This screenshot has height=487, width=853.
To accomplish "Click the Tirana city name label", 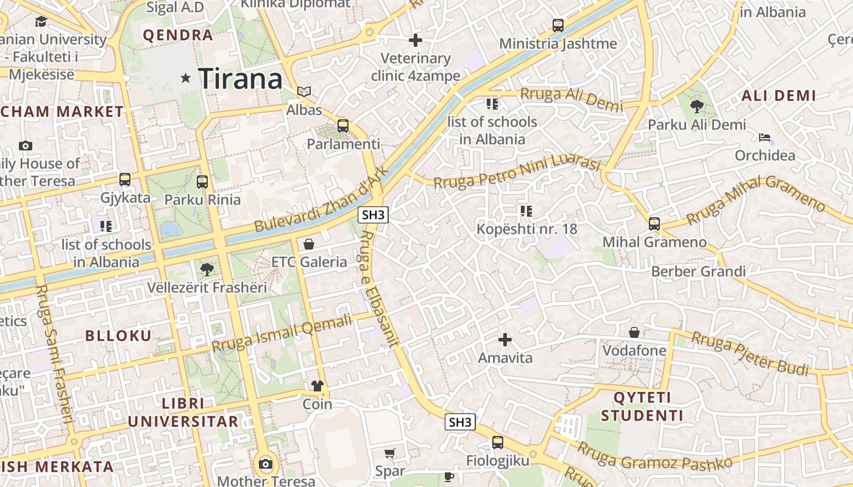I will (241, 79).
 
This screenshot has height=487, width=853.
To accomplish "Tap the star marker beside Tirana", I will (186, 78).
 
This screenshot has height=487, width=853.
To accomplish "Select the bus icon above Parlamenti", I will (343, 126).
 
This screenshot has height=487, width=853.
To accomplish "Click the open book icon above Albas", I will (304, 92).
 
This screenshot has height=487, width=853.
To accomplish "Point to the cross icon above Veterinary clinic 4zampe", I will (416, 40).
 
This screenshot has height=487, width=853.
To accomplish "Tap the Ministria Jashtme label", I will (557, 44).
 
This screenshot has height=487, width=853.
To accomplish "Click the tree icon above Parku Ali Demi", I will (697, 107).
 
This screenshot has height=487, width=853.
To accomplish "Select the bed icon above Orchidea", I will (765, 137).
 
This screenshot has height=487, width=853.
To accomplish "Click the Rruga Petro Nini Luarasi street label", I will (517, 172).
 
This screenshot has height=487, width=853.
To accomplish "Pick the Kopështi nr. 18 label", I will (526, 229).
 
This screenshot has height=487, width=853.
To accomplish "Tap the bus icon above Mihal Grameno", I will (654, 223).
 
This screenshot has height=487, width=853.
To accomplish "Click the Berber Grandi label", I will (698, 272).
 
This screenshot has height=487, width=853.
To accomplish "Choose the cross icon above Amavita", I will (505, 339).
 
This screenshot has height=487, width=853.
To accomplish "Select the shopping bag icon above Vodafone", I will (634, 332).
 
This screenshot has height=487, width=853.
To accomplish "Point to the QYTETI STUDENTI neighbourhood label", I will (642, 407).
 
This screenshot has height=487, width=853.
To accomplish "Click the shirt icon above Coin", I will (317, 385).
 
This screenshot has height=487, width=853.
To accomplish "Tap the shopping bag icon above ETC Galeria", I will (309, 244).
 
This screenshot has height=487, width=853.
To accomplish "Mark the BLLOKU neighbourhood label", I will (118, 335).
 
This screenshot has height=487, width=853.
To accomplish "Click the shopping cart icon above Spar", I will (390, 453).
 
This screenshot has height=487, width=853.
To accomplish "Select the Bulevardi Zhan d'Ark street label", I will (321, 200).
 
